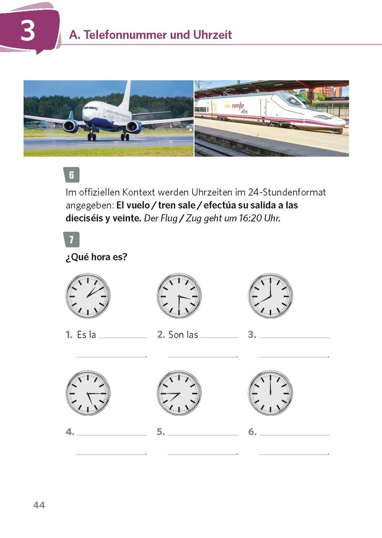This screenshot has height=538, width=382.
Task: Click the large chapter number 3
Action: point(27,30)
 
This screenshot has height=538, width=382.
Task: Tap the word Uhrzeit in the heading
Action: point(212,35)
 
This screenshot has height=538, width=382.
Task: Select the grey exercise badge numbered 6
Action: point(72,175)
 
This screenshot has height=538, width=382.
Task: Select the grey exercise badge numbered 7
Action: point(72,239)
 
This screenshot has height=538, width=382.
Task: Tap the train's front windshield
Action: point(295,101)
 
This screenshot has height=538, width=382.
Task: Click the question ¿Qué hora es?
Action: point(96,257)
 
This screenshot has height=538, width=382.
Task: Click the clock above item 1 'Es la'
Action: point(88,296)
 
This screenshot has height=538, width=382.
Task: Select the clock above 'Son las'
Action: point(179,296)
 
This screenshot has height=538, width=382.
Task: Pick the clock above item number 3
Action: point(270,296)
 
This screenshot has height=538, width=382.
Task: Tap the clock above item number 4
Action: point(88,393)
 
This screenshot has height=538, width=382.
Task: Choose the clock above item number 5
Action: point(179,393)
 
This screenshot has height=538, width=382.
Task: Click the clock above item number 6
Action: point(270,393)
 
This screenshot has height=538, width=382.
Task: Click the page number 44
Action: point(39,505)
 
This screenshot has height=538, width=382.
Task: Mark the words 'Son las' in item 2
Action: point(183,334)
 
